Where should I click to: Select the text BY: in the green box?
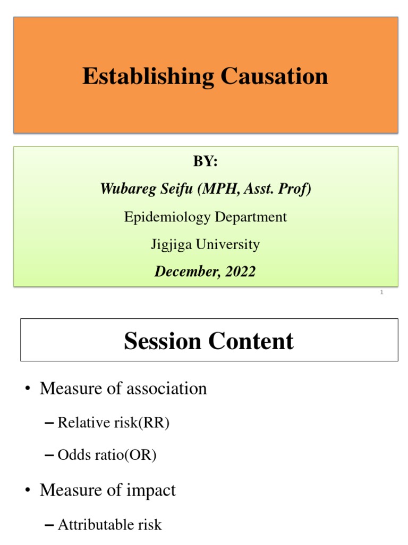pos(206,162)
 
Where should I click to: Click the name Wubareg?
pos(126,189)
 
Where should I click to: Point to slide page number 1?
pos(381,292)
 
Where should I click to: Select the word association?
pos(166,389)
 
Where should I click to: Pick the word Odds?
pos(71,456)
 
